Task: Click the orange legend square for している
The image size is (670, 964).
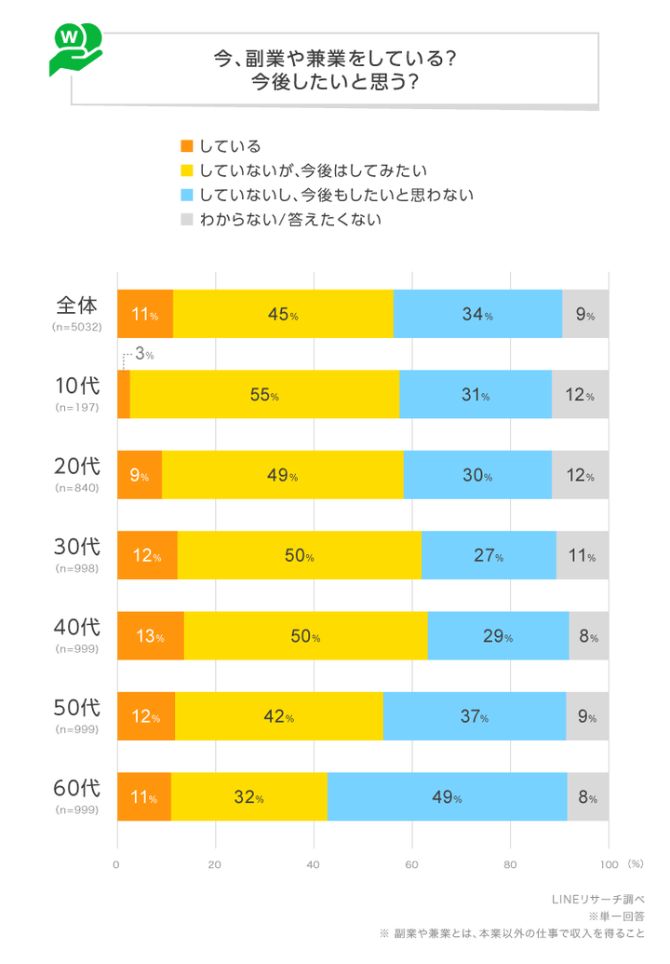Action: point(186,145)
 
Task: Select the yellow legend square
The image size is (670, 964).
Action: point(186,170)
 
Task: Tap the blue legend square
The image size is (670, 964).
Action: point(186,196)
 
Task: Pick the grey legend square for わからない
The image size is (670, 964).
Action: point(186,221)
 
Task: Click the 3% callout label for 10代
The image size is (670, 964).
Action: point(143,354)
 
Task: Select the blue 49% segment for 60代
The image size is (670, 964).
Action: point(447,797)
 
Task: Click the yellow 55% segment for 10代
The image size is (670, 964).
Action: point(264,395)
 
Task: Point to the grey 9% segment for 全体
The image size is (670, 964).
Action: point(585,315)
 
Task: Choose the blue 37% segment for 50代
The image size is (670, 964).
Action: point(474,717)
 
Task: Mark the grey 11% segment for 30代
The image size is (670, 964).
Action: point(582,556)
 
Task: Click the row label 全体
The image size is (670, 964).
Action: point(77,305)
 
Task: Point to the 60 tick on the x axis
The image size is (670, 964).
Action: point(412,864)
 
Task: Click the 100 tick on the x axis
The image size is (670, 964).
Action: point(608,864)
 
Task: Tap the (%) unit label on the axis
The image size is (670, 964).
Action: point(636,864)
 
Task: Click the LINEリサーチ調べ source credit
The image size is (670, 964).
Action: point(598,899)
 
